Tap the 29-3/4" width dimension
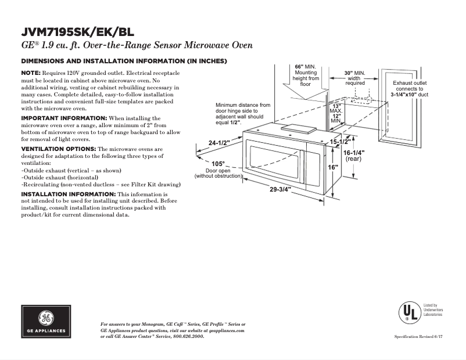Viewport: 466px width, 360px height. tap(279, 189)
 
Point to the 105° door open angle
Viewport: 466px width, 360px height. tap(218, 164)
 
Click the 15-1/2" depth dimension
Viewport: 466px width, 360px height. tap(340, 142)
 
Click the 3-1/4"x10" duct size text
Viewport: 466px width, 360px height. tap(409, 94)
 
